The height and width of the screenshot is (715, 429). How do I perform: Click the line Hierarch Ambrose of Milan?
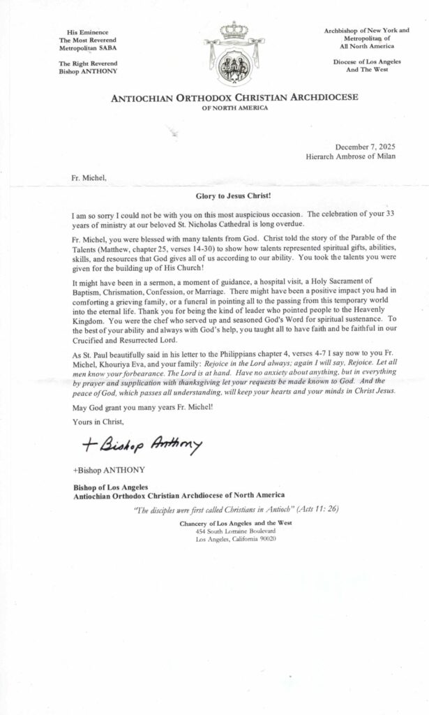click(x=347, y=157)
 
